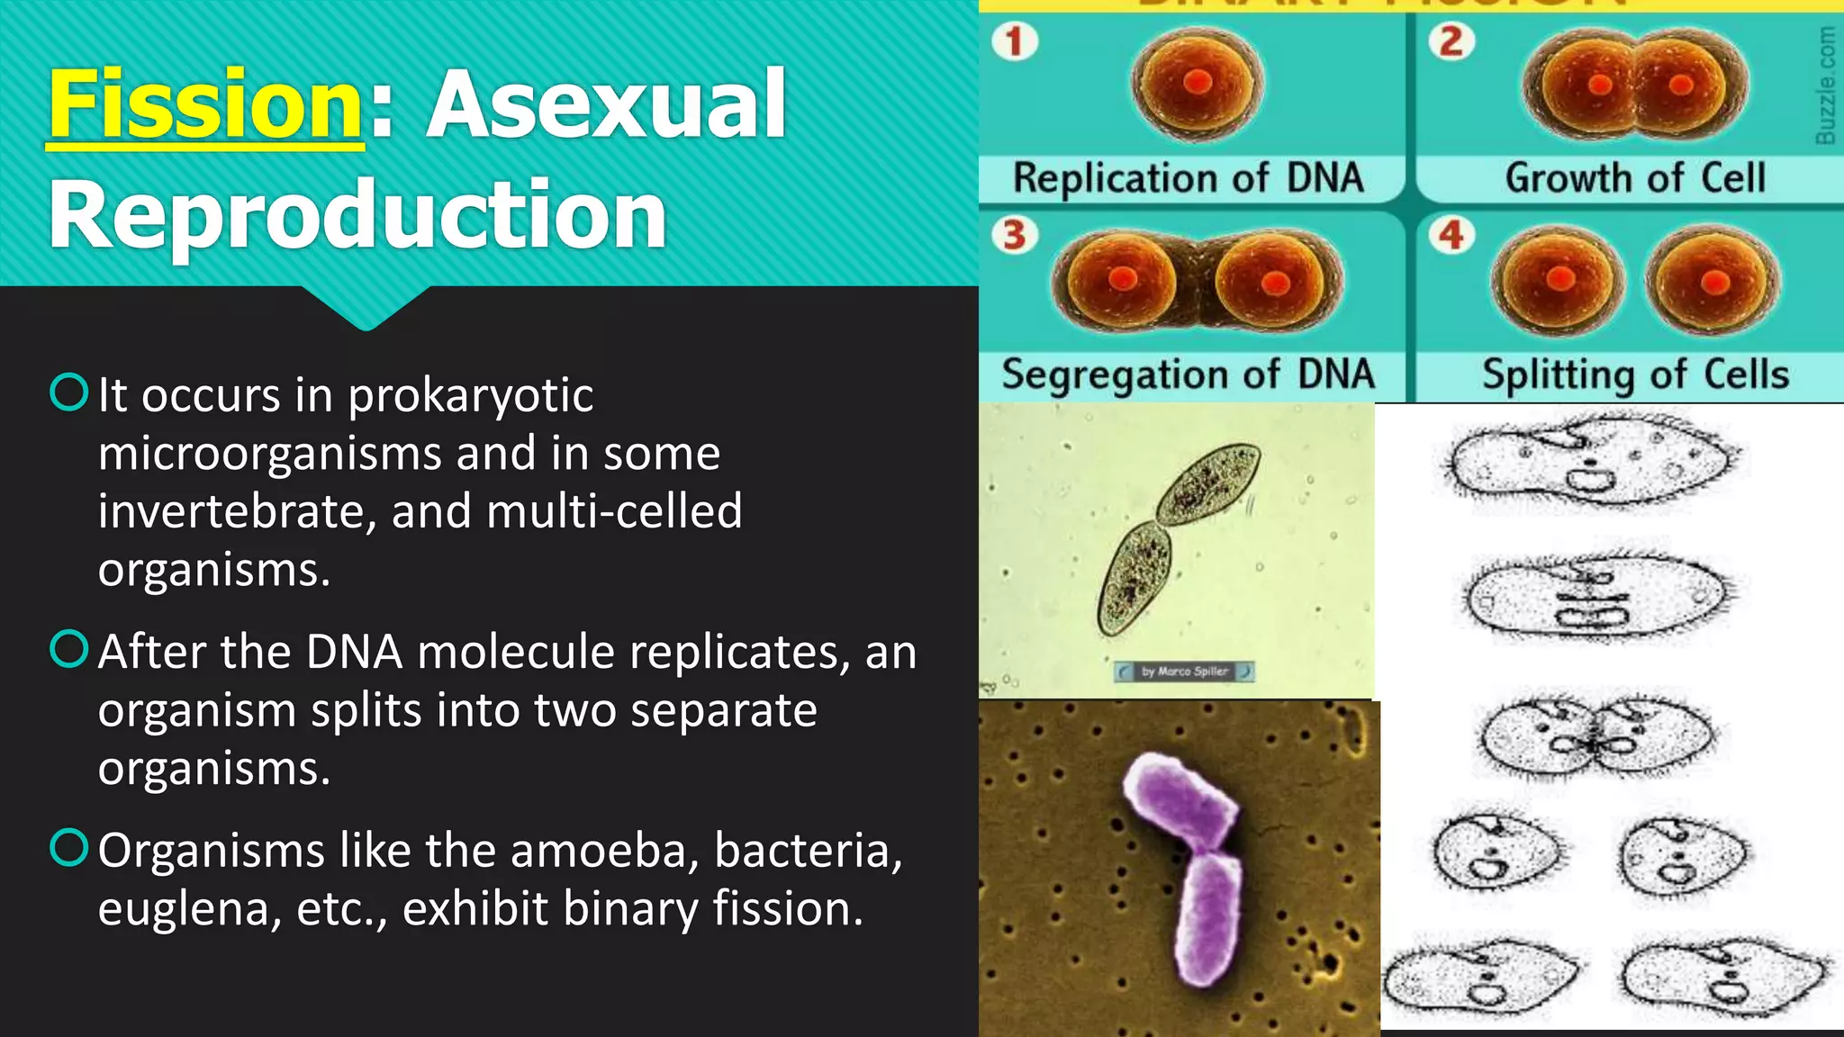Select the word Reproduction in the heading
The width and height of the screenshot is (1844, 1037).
[x=357, y=214]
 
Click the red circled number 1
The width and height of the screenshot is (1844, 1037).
[x=1015, y=41]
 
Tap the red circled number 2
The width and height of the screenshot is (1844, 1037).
[x=1451, y=41]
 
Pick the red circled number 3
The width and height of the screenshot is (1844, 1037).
[x=1015, y=235]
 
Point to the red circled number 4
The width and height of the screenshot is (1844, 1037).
[x=1451, y=235]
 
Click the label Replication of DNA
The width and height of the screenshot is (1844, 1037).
[x=1189, y=177]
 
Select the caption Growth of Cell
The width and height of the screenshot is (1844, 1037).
[x=1635, y=177]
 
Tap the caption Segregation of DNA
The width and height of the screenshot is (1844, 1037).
[x=1189, y=374]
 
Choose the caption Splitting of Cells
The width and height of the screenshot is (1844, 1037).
[x=1635, y=374]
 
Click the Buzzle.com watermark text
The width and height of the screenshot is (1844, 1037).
[x=1825, y=85]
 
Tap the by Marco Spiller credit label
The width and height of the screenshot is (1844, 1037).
[x=1184, y=672]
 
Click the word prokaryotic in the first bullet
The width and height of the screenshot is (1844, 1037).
[x=470, y=396]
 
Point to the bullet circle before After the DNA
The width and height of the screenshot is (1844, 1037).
[x=69, y=648]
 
